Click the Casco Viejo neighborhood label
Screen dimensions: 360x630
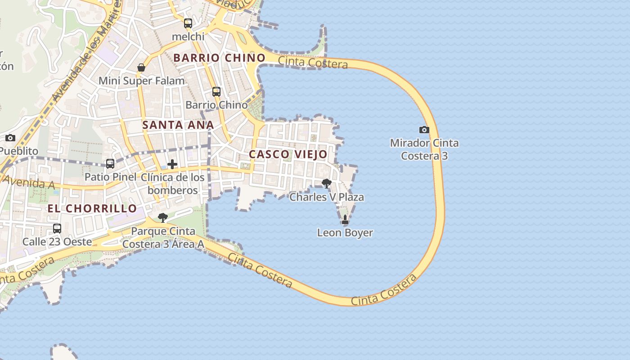[x=288, y=154]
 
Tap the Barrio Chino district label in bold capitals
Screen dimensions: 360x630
[x=219, y=58]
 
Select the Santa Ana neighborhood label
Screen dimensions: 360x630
[x=178, y=125]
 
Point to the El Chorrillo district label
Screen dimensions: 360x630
[x=92, y=208]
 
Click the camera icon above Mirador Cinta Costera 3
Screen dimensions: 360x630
[x=424, y=130]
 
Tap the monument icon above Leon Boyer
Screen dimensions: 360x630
[x=345, y=220]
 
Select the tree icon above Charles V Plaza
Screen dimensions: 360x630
[x=327, y=184]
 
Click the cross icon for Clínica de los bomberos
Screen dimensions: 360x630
[x=172, y=164]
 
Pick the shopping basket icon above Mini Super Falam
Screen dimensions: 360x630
[x=141, y=68]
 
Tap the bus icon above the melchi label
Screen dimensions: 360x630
[x=188, y=23]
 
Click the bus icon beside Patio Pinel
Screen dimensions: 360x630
[x=110, y=164]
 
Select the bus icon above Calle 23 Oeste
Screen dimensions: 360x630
[x=57, y=229]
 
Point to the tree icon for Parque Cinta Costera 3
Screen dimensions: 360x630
[x=163, y=218]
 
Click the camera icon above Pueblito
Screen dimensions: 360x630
[x=10, y=138]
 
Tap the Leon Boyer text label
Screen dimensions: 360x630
[x=345, y=233]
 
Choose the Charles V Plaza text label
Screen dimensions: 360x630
[x=327, y=197]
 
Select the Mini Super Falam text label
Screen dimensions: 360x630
[x=142, y=81]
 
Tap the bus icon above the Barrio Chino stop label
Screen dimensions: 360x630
[x=216, y=92]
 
